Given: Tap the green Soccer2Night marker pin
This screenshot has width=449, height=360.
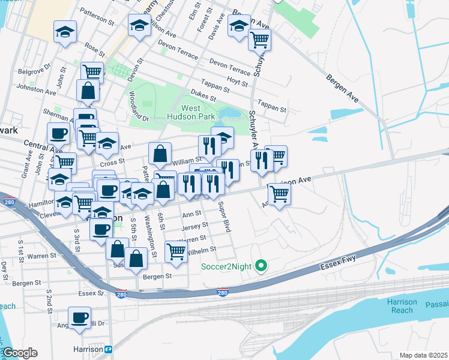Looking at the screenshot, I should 261,265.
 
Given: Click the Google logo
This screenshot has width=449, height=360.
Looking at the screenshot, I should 20,353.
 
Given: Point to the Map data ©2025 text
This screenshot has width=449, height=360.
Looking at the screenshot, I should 423,355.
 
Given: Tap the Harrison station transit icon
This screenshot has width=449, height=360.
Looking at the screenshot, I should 108,349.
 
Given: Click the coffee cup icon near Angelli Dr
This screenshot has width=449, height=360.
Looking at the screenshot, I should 79,316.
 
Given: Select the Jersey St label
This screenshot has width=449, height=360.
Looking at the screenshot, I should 195,226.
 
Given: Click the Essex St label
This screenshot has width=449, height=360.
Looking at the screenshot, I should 91,293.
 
